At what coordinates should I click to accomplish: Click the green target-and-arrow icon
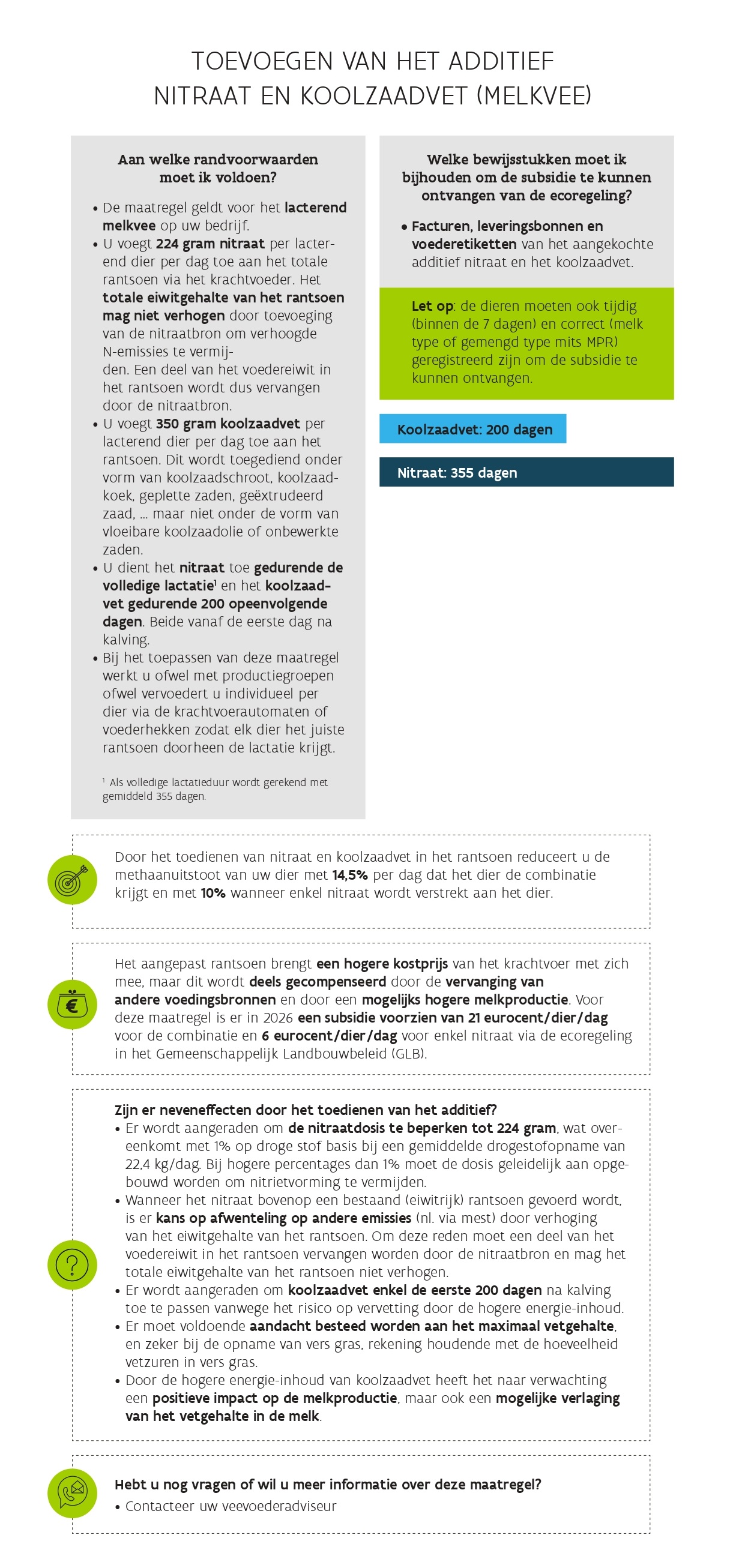pyautogui.click(x=72, y=880)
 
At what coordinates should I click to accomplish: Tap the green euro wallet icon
pyautogui.click(x=72, y=1005)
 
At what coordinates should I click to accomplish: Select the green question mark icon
pyautogui.click(x=72, y=1265)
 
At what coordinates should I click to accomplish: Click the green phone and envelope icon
pyautogui.click(x=72, y=1494)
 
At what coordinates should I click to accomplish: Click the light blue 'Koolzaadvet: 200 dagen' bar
pyautogui.click(x=472, y=429)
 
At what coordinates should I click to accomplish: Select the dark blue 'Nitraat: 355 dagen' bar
pyautogui.click(x=526, y=472)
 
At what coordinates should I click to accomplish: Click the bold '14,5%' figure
pyautogui.click(x=349, y=875)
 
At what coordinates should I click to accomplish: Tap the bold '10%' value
pyautogui.click(x=213, y=893)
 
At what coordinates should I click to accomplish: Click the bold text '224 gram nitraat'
pyautogui.click(x=210, y=244)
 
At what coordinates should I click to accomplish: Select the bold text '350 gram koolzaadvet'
pyautogui.click(x=228, y=424)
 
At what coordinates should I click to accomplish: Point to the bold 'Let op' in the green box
pyautogui.click(x=432, y=306)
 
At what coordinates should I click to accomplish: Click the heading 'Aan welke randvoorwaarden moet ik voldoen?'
pyautogui.click(x=218, y=169)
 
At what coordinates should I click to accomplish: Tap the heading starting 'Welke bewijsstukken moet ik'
pyautogui.click(x=526, y=177)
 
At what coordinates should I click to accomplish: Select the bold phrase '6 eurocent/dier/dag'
pyautogui.click(x=329, y=1036)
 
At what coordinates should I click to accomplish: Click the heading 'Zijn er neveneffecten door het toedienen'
pyautogui.click(x=305, y=1110)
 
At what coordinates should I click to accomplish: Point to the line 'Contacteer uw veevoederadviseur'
pyautogui.click(x=231, y=1506)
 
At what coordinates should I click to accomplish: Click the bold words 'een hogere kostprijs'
pyautogui.click(x=382, y=964)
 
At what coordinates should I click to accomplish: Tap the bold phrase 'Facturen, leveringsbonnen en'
pyautogui.click(x=507, y=226)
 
